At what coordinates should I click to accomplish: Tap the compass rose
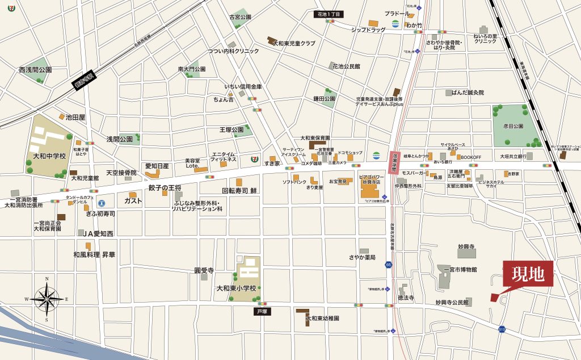coord(47,298)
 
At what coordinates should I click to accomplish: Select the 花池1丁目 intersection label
coord(330,14)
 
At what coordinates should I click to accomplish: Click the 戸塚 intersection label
coord(262,312)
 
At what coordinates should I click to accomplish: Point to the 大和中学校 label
coord(49,155)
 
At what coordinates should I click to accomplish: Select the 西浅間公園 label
coord(35,70)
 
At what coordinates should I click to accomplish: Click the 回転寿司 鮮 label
coord(239,191)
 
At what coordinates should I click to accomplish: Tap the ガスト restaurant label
coord(133,201)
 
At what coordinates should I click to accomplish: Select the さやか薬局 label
coord(363,258)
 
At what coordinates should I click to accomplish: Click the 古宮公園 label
coord(240,18)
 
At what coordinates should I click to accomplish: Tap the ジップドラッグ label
coord(368,29)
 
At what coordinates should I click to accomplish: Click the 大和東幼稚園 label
coord(322,319)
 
